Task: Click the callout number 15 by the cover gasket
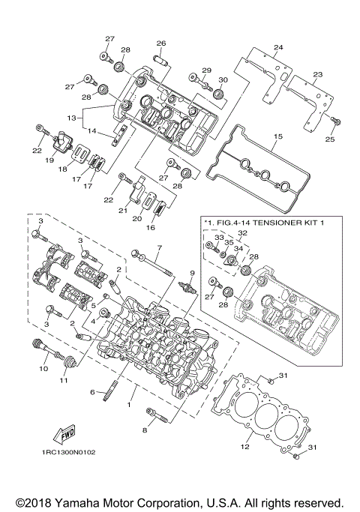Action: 277,137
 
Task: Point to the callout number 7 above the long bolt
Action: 159,247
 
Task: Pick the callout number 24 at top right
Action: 278,48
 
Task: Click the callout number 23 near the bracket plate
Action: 317,75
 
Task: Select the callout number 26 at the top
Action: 160,43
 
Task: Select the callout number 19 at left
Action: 51,160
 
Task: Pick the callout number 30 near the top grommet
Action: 222,80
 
